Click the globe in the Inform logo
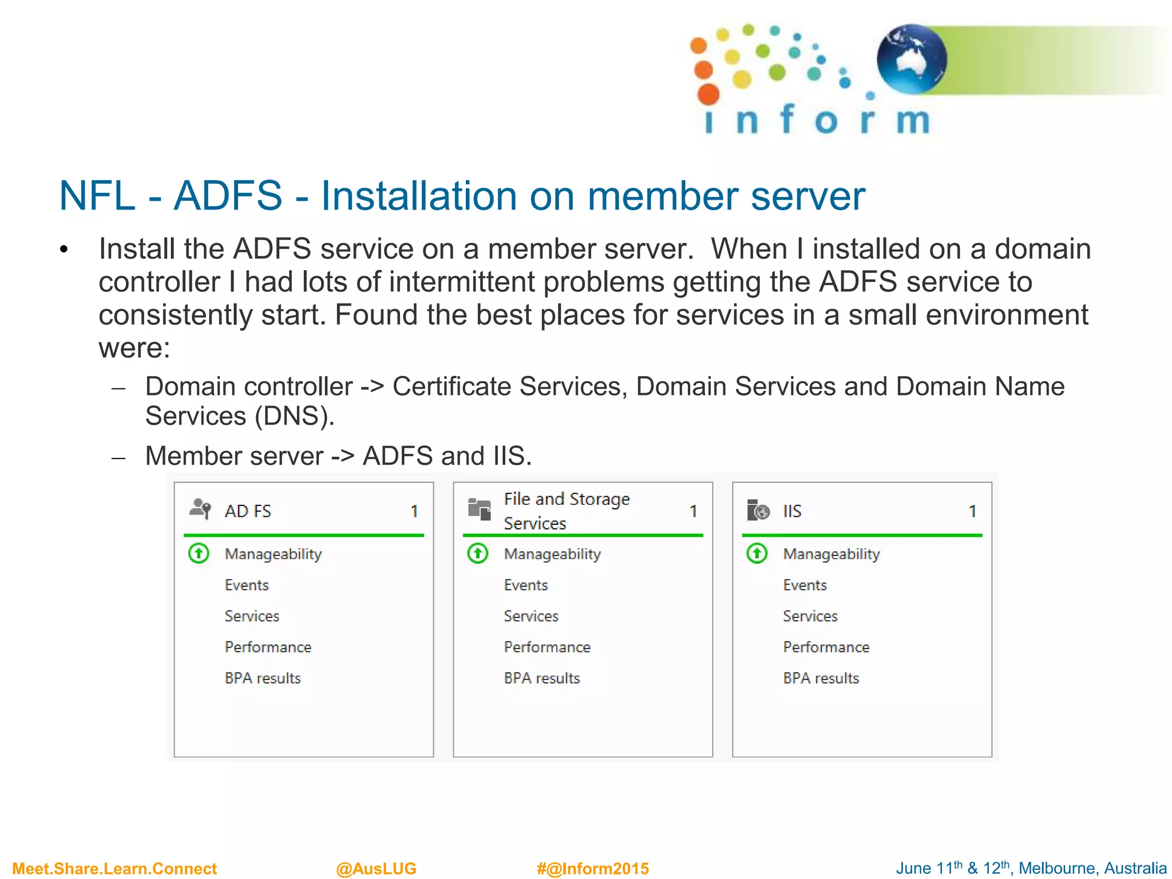[911, 58]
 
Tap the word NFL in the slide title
[97, 196]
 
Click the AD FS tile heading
[248, 511]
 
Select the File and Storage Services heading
[566, 511]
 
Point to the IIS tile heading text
[792, 511]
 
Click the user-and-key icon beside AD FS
[200, 509]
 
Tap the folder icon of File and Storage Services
[480, 509]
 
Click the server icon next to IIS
[758, 509]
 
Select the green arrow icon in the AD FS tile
[199, 553]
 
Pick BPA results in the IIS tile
[821, 678]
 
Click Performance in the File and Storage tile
[547, 647]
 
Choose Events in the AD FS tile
[247, 585]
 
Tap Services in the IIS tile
[810, 616]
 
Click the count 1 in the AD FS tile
[414, 511]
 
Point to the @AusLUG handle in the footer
[376, 869]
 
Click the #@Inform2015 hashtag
[593, 869]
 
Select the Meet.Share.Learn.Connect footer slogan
[114, 869]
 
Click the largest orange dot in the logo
[708, 94]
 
